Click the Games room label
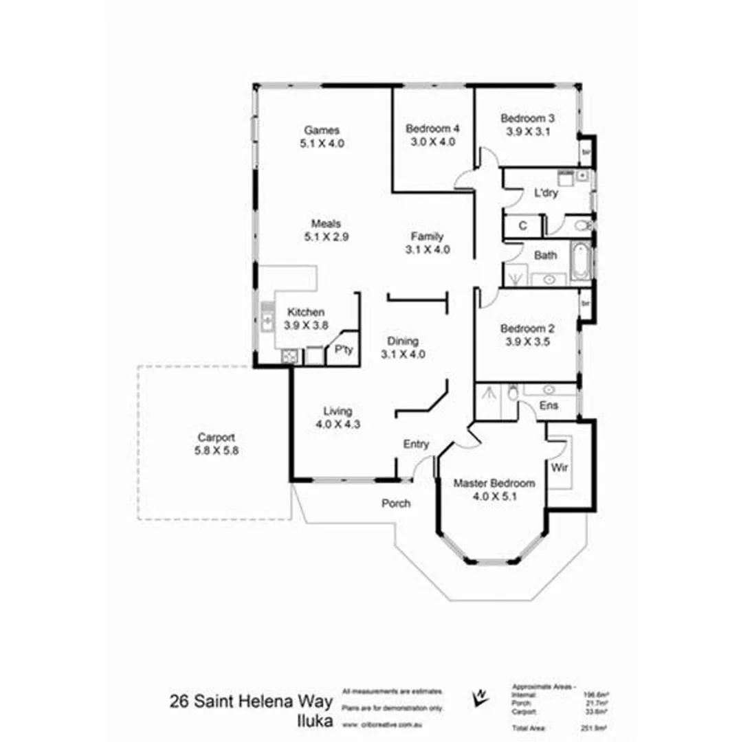coord(322,130)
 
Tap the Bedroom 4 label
coord(432,128)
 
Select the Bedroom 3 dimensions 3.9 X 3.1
coord(527,132)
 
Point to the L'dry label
coord(546,193)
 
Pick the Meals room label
coord(326,223)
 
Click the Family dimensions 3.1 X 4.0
coord(428,250)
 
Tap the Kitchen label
coord(306,312)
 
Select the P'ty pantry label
coord(343,350)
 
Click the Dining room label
coord(403,341)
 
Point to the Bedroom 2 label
coord(527,328)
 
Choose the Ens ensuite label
coord(549,405)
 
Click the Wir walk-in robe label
coord(560,469)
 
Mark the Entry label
coord(416,445)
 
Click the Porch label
coord(396,504)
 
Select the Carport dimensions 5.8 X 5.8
coord(217,451)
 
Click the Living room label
coord(338,411)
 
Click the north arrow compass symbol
coord(480,697)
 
